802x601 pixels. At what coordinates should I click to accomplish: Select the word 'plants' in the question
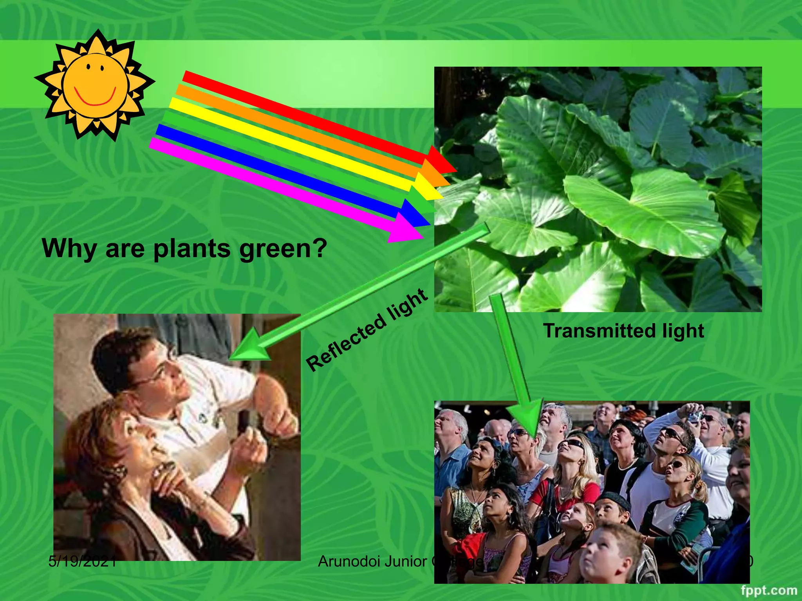[x=192, y=249]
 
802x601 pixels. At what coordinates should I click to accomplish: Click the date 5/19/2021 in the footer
[x=82, y=561]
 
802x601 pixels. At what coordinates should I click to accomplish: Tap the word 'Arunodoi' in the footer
[x=349, y=561]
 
